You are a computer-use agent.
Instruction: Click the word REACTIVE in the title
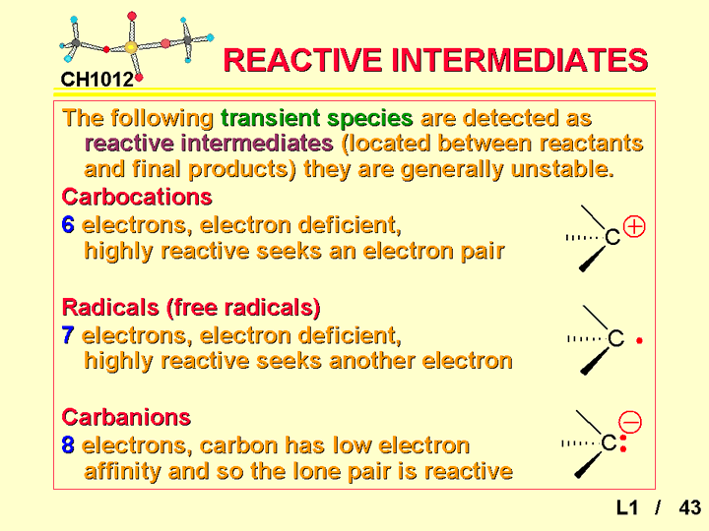click(x=302, y=60)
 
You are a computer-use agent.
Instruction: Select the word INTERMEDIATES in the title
click(x=520, y=60)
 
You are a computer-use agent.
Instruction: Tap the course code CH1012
click(x=97, y=80)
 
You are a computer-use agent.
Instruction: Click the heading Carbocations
click(x=137, y=197)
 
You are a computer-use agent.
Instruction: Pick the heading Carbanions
click(x=126, y=417)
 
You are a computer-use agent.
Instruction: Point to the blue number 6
click(x=68, y=224)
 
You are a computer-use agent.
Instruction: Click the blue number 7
click(x=68, y=335)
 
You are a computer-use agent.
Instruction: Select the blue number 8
click(x=68, y=445)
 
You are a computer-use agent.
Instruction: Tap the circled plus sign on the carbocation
click(x=634, y=227)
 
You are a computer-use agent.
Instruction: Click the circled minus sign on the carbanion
click(x=630, y=422)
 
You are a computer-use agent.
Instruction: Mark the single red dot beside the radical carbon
click(x=639, y=341)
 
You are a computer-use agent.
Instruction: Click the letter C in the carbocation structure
click(x=612, y=237)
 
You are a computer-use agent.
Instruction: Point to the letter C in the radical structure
click(x=615, y=338)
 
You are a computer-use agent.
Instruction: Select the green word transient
click(x=270, y=118)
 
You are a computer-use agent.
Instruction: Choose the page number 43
click(x=690, y=507)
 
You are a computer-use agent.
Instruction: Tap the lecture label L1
click(x=627, y=507)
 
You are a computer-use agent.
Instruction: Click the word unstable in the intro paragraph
click(x=562, y=169)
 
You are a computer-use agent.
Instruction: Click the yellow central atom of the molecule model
click(x=131, y=47)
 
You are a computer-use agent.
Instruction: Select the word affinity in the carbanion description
click(x=122, y=472)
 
